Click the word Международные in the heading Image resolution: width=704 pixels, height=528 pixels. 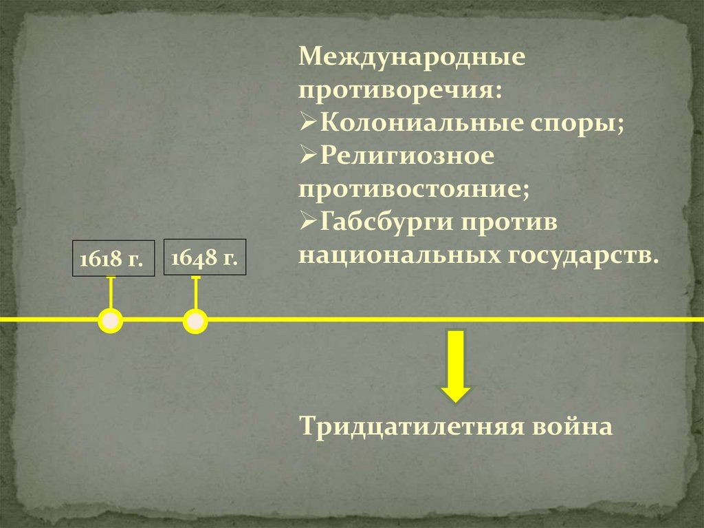412,57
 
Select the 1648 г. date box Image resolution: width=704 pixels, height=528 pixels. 204,258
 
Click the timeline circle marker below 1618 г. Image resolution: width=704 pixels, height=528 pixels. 111,321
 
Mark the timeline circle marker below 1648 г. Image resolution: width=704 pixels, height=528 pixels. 195,321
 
